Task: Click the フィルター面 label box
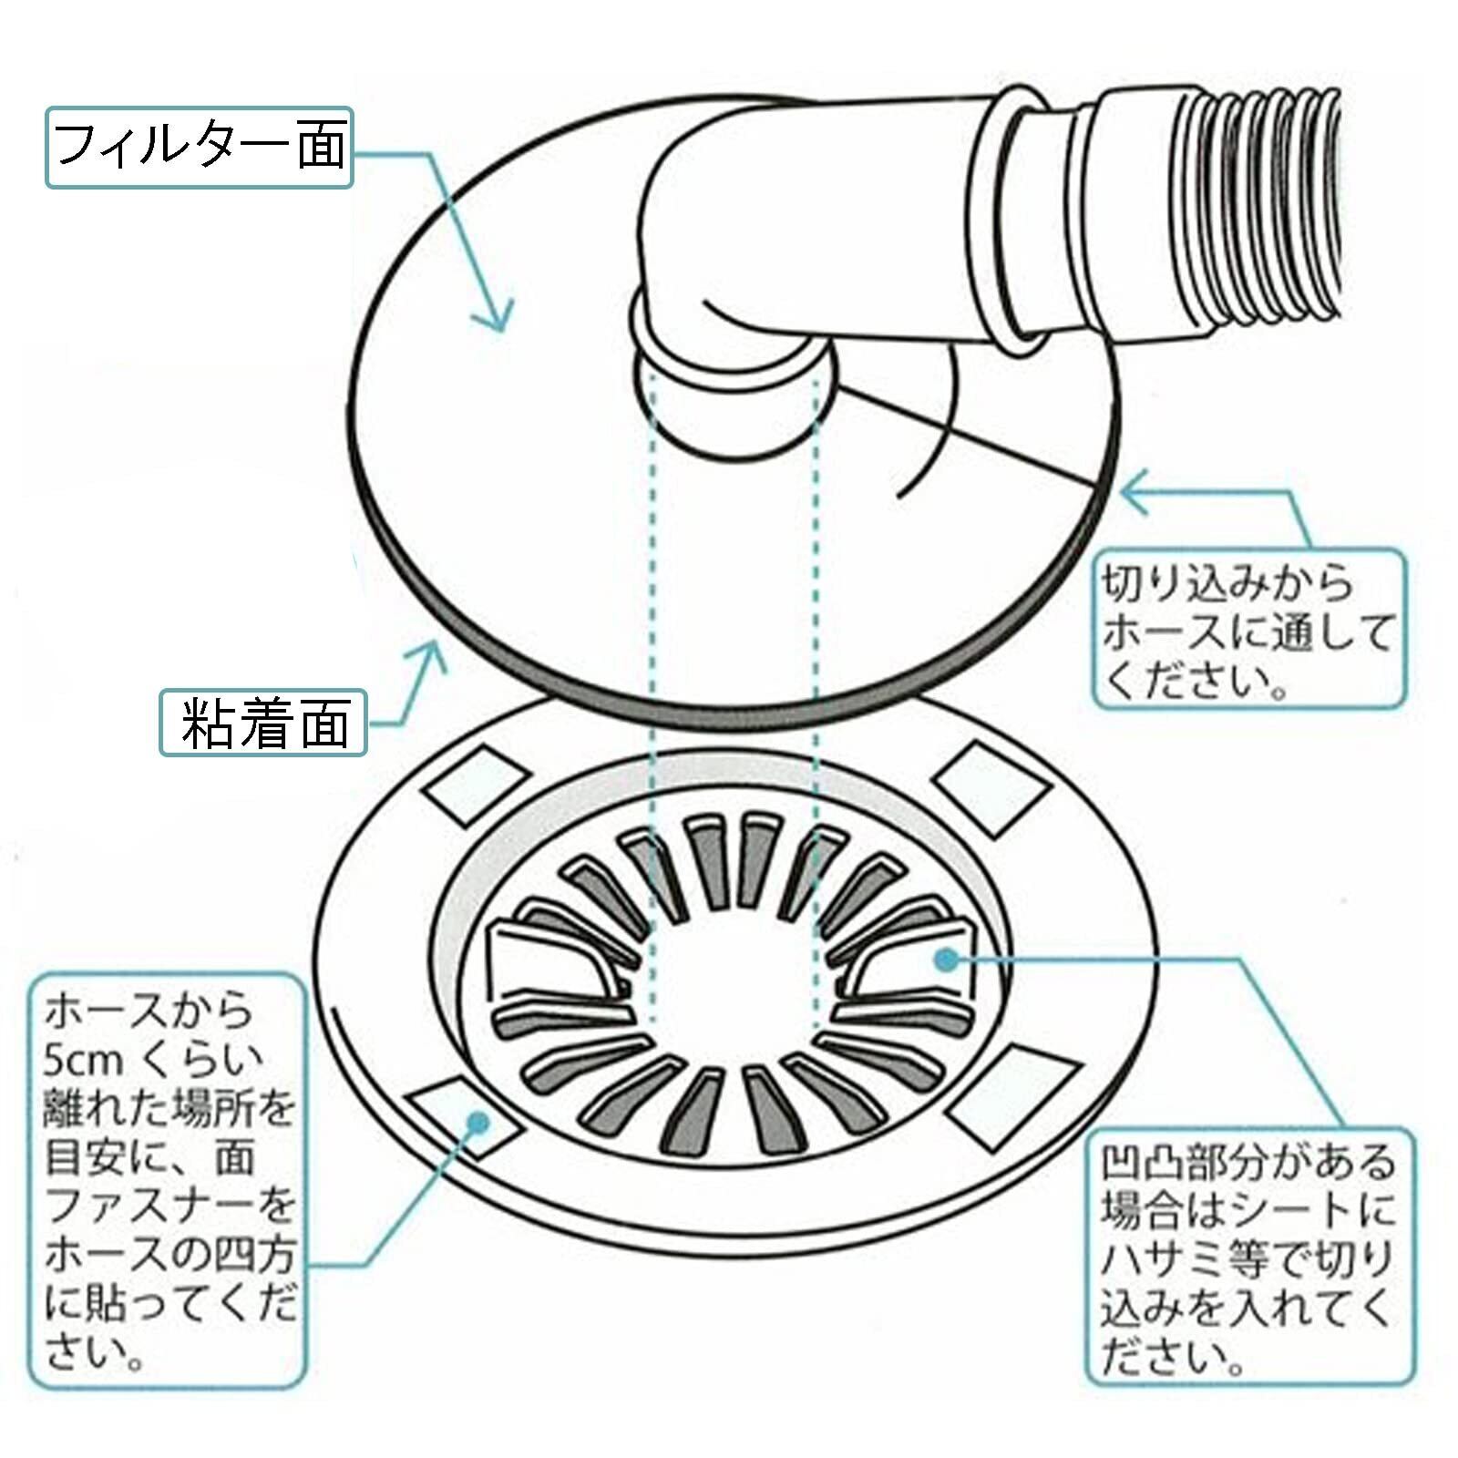click(x=199, y=147)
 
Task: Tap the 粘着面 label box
click(x=263, y=723)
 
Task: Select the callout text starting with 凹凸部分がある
click(x=1248, y=1259)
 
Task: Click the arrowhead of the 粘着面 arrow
click(x=435, y=652)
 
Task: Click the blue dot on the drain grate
click(x=948, y=958)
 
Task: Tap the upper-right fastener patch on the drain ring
click(x=981, y=781)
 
